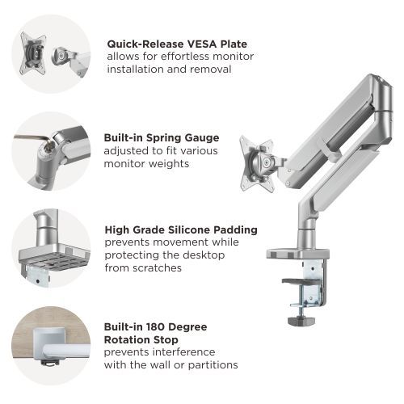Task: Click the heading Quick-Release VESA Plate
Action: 177,44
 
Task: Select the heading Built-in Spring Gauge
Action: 162,137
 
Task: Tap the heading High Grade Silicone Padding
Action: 181,229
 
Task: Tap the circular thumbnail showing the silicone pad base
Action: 49,246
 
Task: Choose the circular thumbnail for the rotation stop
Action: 49,343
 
